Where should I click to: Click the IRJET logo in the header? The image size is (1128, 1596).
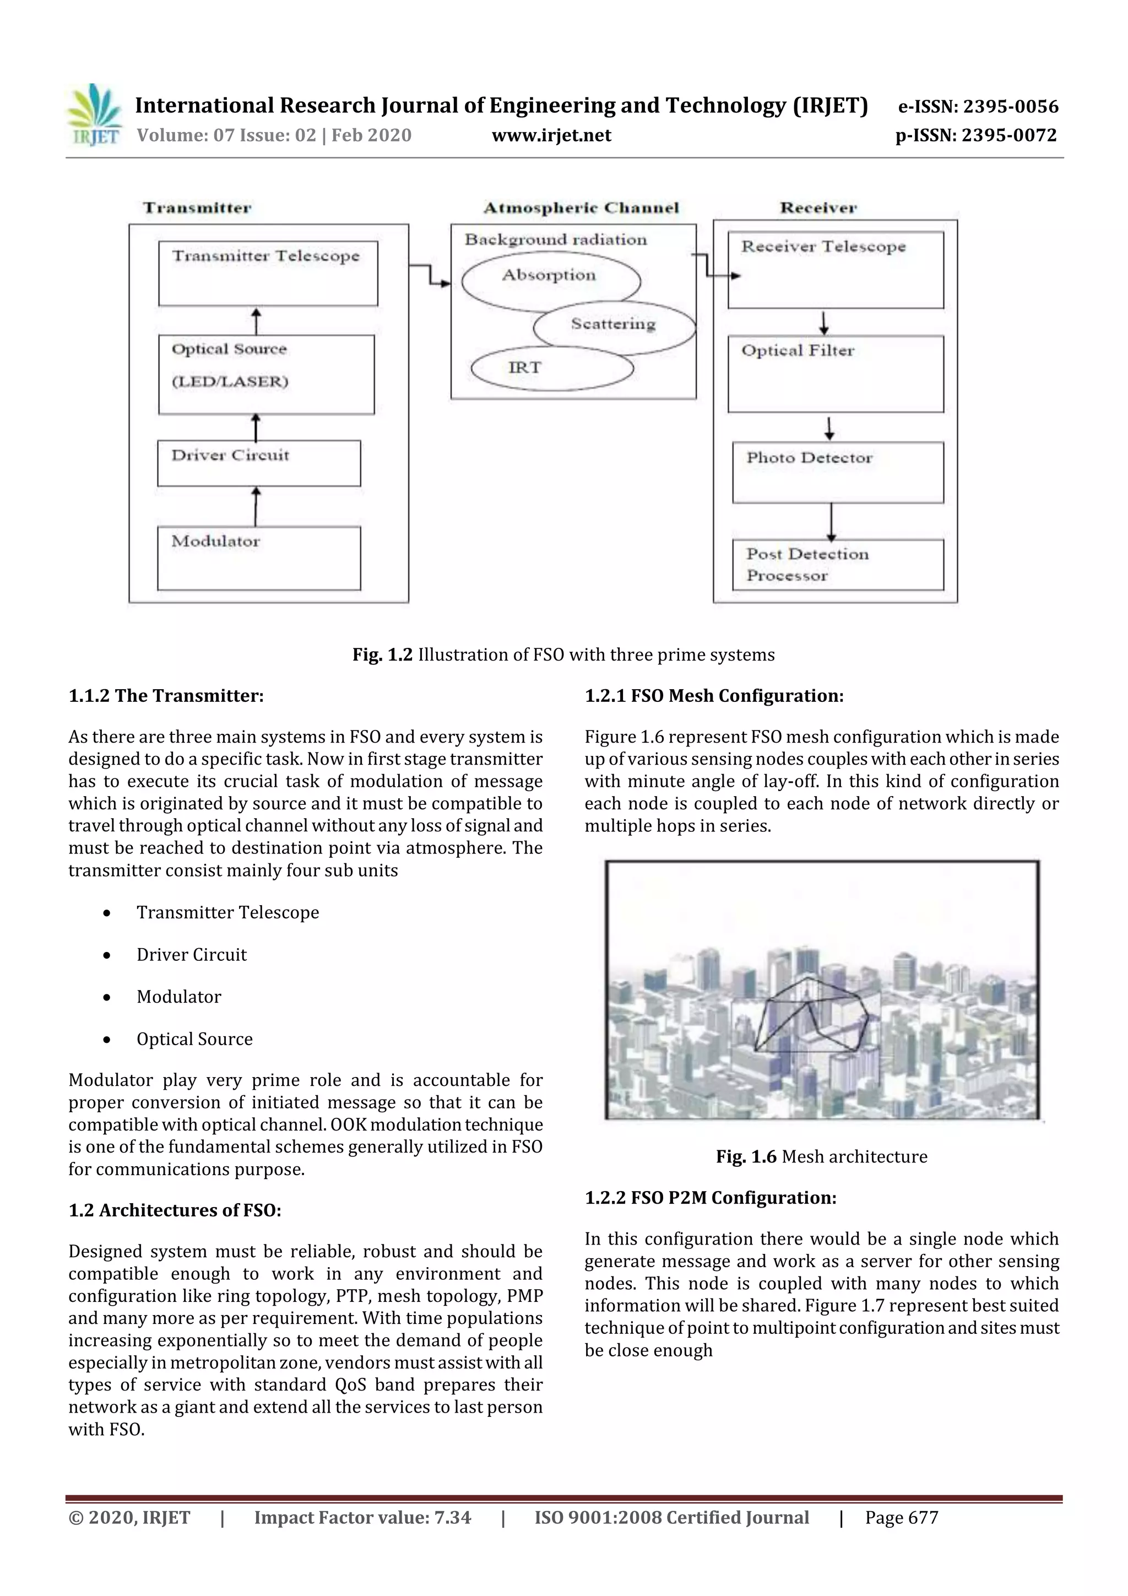(x=94, y=115)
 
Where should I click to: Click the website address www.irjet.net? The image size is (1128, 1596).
(x=551, y=135)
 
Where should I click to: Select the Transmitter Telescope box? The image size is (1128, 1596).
(x=268, y=273)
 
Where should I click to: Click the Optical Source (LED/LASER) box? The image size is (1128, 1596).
(x=265, y=375)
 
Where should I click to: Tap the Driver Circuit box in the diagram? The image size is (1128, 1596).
(x=258, y=463)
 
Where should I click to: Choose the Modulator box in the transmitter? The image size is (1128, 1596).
(x=258, y=558)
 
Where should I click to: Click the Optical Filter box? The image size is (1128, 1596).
(x=836, y=374)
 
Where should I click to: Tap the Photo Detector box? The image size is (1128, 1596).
(x=838, y=472)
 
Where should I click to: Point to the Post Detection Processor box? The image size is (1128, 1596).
(x=838, y=565)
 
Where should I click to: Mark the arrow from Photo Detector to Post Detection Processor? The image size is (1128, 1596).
(x=831, y=521)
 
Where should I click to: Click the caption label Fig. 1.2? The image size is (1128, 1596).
(x=382, y=655)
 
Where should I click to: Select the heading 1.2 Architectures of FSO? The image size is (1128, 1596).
(x=175, y=1210)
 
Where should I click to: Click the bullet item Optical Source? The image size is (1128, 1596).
(x=194, y=1038)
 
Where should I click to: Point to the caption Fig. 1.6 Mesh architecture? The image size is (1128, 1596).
(x=822, y=1157)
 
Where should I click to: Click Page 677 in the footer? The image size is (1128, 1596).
(x=902, y=1517)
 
